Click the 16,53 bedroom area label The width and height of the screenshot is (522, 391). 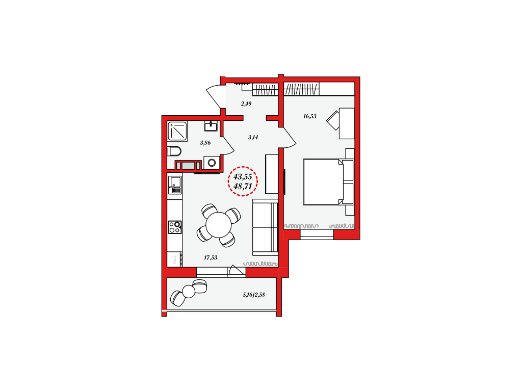click(x=309, y=116)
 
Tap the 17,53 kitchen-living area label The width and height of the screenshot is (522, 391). click(x=211, y=257)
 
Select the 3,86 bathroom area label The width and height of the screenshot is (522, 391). click(x=205, y=143)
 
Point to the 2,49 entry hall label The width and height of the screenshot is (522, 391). click(x=246, y=103)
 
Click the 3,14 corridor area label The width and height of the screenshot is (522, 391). click(x=253, y=137)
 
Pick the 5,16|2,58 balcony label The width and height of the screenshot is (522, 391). click(x=254, y=295)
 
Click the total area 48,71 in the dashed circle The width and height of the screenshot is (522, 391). click(x=243, y=187)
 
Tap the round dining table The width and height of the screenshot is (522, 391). click(x=218, y=225)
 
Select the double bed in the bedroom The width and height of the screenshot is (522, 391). click(x=328, y=182)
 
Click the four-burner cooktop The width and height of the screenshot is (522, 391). click(x=175, y=227)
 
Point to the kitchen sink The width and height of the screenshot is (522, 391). click(x=175, y=185)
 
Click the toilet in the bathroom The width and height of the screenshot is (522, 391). click(x=174, y=151)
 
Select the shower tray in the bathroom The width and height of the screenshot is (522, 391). click(x=177, y=131)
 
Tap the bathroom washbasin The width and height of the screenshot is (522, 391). click(x=211, y=126)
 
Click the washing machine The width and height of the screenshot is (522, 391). click(x=212, y=163)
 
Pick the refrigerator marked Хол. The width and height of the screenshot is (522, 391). click(x=175, y=259)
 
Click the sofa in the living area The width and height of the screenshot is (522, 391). click(x=265, y=227)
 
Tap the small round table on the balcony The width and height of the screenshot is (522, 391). click(x=189, y=292)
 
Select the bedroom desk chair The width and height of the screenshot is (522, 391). click(x=333, y=121)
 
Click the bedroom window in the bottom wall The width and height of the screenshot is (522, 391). click(x=317, y=234)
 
